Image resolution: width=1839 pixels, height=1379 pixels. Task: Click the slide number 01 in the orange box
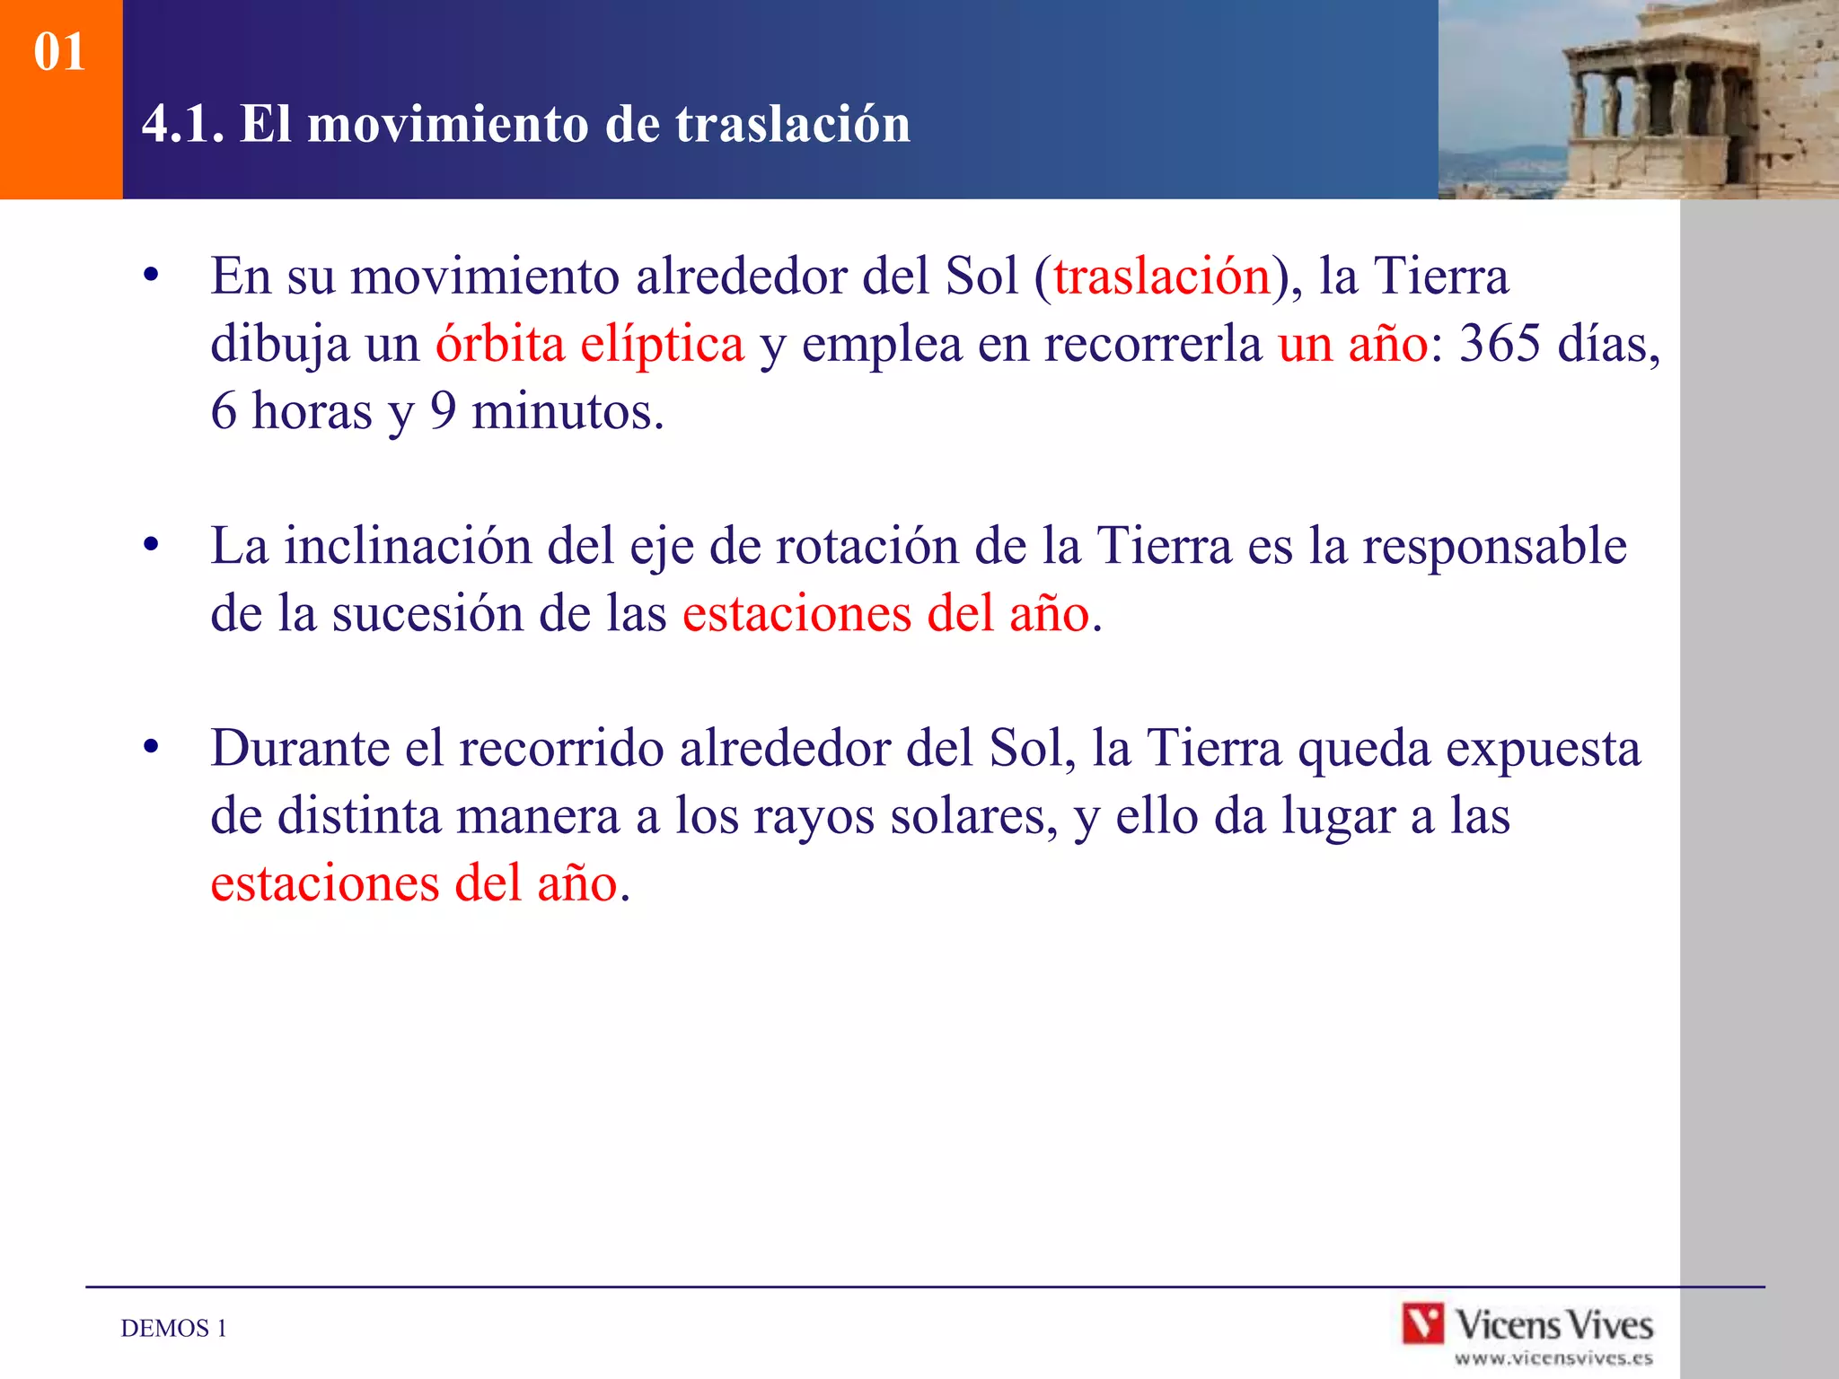tap(59, 52)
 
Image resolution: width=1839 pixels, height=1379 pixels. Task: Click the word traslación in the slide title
tap(793, 124)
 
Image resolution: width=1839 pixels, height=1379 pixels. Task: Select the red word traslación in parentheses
tap(1162, 276)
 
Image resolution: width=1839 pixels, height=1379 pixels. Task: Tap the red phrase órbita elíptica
tap(590, 344)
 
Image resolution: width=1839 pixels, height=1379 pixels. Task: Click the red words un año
tap(1352, 344)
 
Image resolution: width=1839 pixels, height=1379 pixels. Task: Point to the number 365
tap(1500, 344)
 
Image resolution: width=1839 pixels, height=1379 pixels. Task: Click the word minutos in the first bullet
tap(567, 412)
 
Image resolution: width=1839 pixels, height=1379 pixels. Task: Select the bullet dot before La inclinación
tap(151, 545)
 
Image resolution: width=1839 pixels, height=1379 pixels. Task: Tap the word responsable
tap(1494, 546)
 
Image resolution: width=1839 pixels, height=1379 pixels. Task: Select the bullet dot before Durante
tap(151, 747)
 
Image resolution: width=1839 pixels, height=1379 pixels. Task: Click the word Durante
tap(299, 748)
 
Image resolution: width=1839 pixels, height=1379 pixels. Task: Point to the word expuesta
tap(1543, 749)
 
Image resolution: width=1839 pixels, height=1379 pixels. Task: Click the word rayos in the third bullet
tap(813, 817)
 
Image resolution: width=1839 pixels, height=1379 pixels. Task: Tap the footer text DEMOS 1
tap(173, 1329)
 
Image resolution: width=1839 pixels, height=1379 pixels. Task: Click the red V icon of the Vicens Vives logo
tap(1423, 1323)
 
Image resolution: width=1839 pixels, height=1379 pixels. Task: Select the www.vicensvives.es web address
tap(1553, 1358)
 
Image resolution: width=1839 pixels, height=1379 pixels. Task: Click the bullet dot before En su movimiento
tap(151, 276)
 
